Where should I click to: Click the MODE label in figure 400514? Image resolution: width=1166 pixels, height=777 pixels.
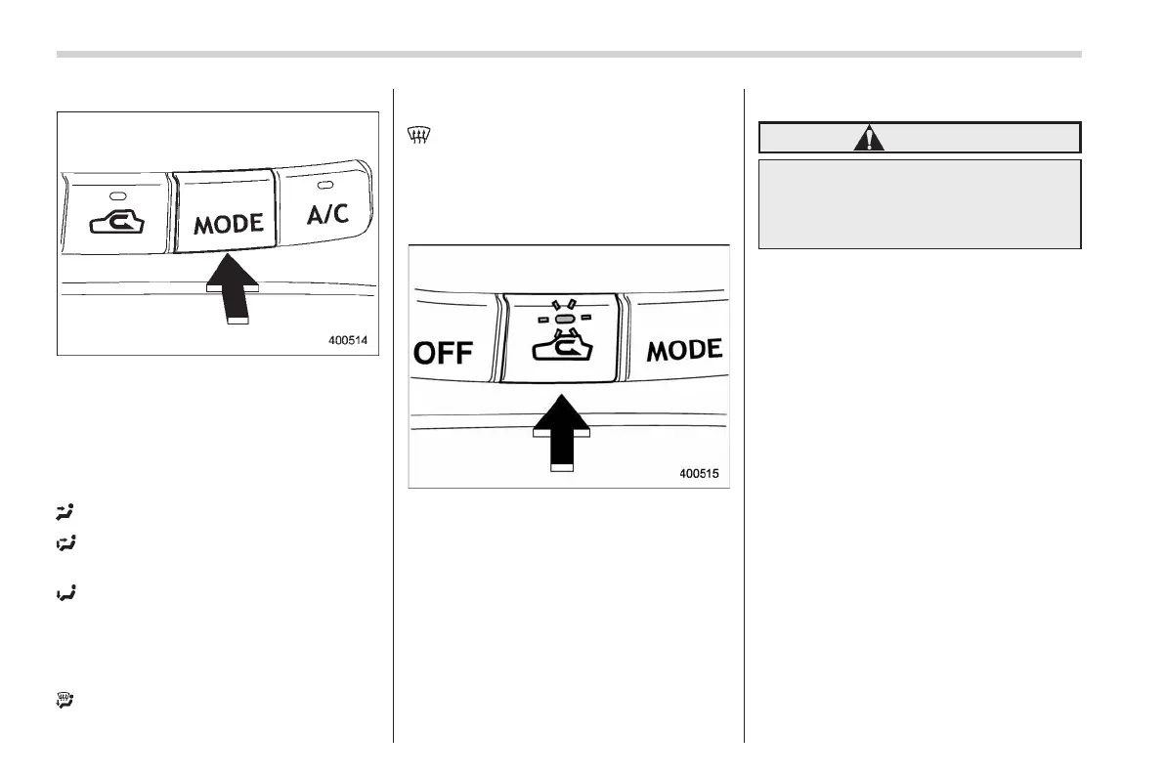(x=228, y=224)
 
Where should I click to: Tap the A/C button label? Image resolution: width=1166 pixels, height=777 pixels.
(x=327, y=214)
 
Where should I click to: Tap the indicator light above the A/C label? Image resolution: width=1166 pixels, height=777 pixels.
(x=324, y=183)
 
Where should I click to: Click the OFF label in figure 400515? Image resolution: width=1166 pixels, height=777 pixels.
(x=443, y=352)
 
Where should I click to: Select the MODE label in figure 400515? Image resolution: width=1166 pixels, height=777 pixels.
(x=684, y=350)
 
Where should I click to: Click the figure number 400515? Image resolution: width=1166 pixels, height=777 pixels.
(x=699, y=474)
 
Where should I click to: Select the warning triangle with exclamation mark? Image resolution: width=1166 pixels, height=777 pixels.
(x=868, y=139)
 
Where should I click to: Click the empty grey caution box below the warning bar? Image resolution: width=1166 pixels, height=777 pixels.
(x=920, y=204)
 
